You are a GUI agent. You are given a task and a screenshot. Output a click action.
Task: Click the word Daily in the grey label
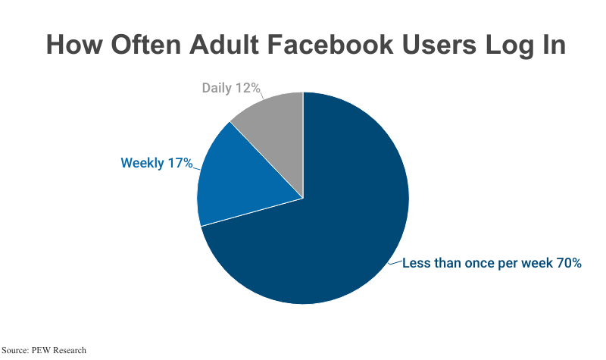click(x=218, y=88)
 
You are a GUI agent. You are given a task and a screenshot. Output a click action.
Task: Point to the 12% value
click(x=248, y=88)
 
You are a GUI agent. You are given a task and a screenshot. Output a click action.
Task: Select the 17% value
click(x=180, y=162)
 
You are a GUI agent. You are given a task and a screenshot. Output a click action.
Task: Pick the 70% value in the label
click(x=570, y=263)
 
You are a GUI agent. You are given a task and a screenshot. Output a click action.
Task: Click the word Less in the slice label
click(x=416, y=263)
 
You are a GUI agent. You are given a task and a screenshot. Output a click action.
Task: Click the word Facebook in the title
click(x=349, y=45)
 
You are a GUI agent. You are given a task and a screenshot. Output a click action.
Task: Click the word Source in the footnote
click(x=14, y=350)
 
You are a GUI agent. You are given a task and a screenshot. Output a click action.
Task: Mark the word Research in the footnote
click(x=69, y=350)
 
